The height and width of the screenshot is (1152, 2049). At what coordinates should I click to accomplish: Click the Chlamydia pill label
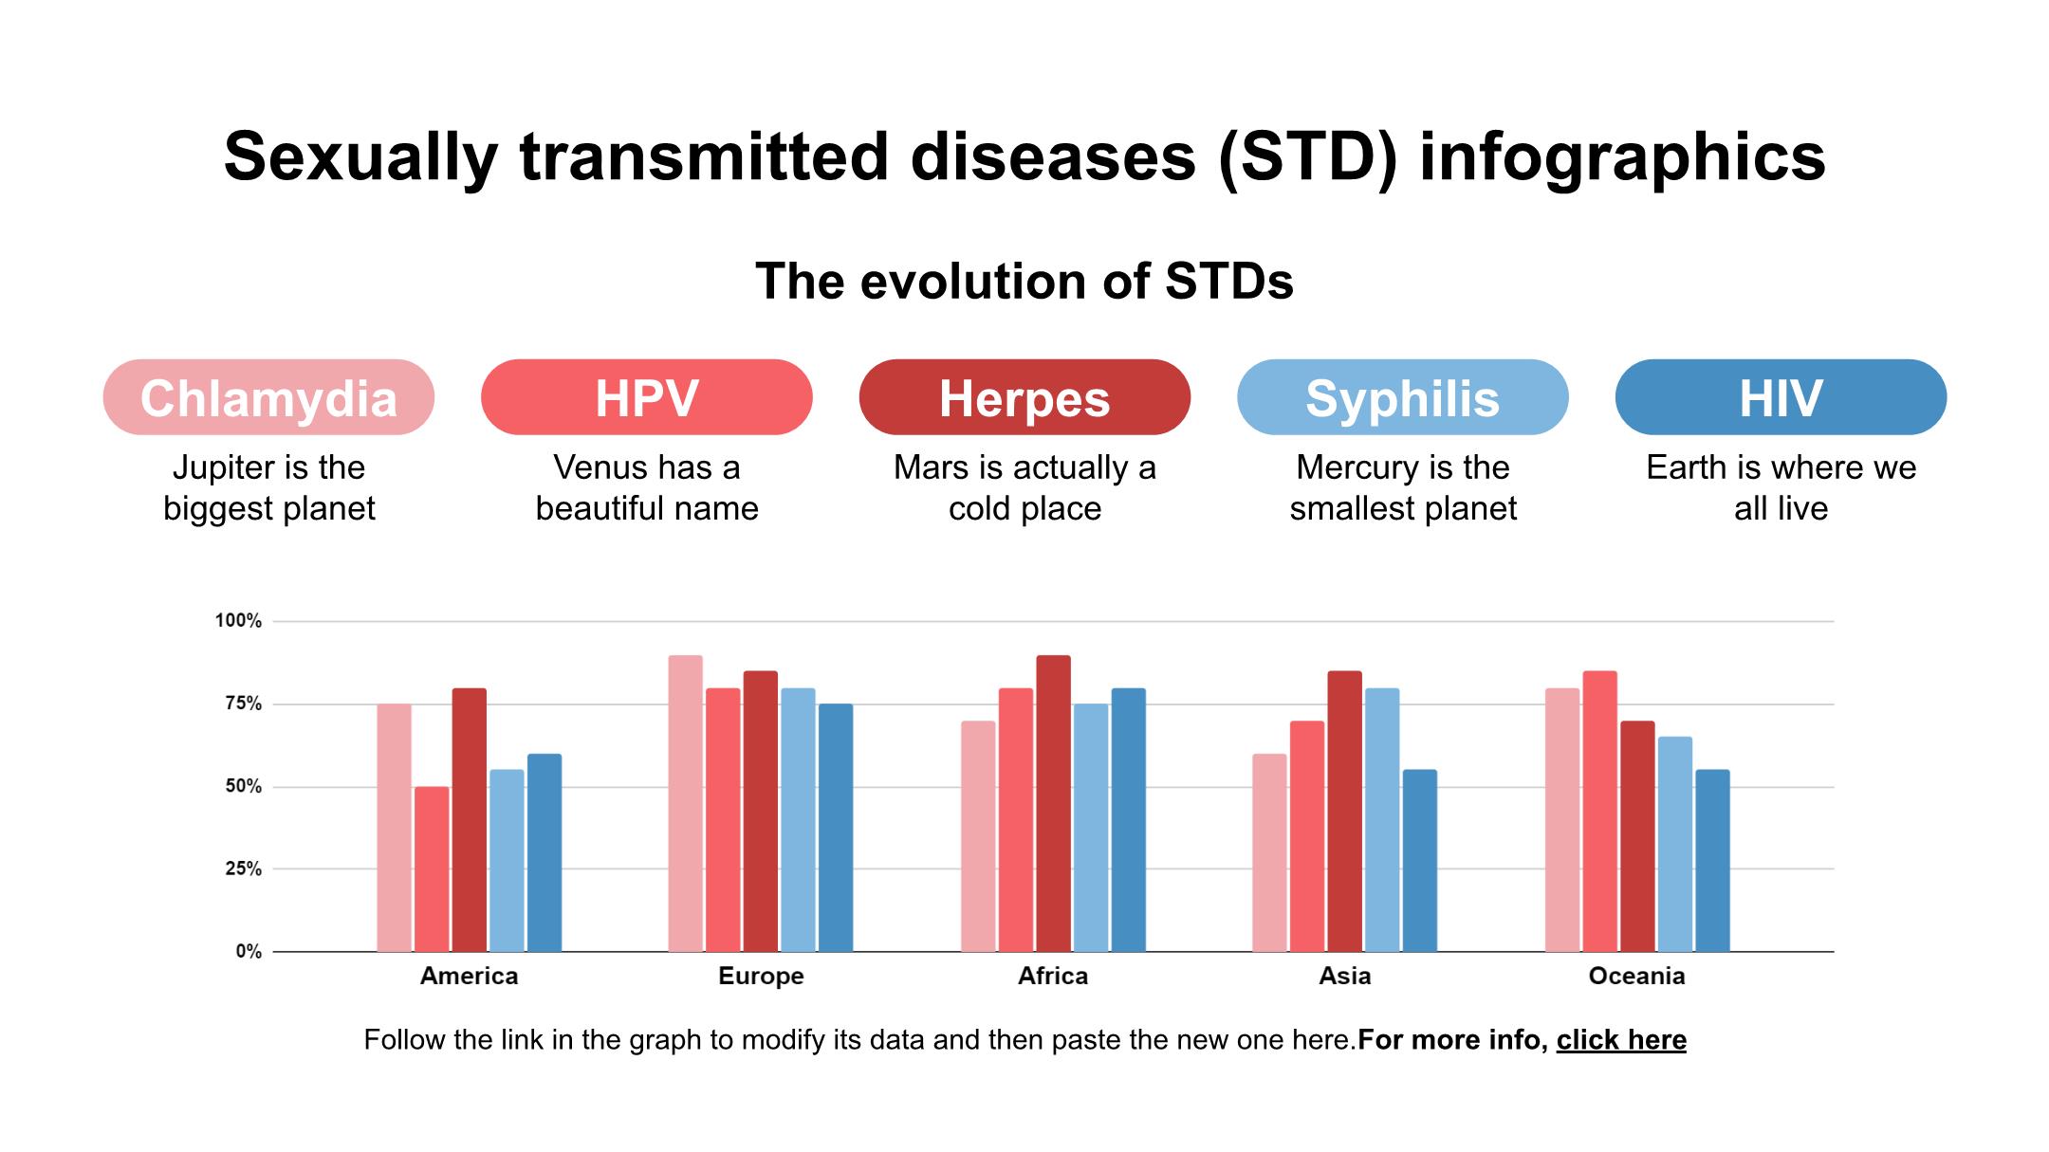point(268,397)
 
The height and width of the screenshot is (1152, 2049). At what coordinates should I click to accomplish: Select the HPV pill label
point(646,397)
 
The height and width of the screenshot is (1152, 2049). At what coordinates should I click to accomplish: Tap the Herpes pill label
point(1024,397)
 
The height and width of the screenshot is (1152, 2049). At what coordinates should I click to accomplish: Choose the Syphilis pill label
point(1402,397)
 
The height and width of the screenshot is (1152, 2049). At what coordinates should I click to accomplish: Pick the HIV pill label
point(1781,397)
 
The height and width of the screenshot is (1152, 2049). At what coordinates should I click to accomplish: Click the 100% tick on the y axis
point(238,621)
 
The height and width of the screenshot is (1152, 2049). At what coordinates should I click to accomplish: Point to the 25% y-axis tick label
point(243,869)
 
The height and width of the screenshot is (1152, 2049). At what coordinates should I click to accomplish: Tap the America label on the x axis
point(469,976)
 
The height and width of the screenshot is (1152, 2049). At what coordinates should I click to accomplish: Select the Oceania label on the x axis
point(1636,976)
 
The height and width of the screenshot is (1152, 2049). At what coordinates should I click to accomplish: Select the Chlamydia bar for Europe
point(685,803)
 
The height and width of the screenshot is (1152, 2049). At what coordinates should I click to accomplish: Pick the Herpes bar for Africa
point(1053,803)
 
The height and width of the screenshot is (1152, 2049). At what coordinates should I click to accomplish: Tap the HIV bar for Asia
point(1419,860)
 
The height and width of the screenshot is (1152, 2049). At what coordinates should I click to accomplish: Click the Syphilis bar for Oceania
point(1674,844)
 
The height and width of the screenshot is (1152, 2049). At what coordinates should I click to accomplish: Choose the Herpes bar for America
point(469,819)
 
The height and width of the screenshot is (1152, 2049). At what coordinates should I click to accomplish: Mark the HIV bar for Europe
point(835,827)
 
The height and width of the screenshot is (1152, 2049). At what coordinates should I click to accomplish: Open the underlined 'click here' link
point(1620,1040)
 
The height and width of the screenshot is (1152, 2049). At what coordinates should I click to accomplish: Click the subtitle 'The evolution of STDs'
point(1024,281)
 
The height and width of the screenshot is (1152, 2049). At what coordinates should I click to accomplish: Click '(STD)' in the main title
point(1308,156)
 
